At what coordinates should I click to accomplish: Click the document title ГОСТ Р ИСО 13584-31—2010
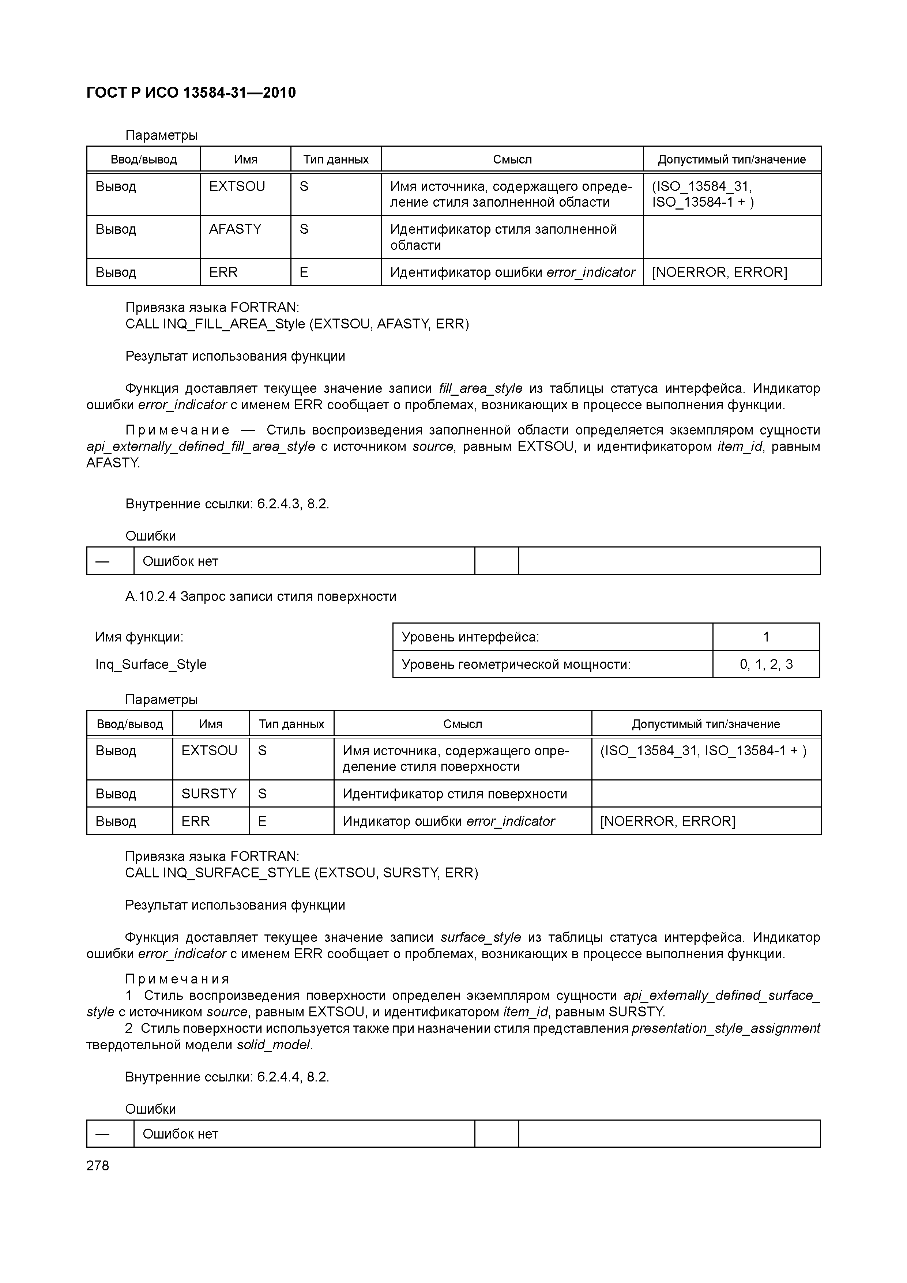point(191,93)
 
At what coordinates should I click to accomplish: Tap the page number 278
point(98,1165)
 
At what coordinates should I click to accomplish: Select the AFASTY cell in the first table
point(235,229)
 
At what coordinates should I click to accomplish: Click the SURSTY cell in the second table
point(209,794)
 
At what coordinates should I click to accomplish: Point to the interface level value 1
point(765,636)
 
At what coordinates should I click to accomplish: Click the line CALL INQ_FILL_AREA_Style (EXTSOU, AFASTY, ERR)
point(297,324)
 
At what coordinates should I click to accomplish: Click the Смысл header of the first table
point(512,159)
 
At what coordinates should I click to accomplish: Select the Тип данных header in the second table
point(291,724)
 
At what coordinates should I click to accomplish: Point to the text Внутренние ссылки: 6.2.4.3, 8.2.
point(227,504)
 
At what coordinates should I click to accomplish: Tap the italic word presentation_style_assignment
point(725,1028)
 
